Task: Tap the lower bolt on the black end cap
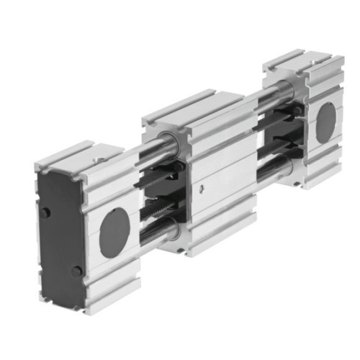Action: tap(76, 271)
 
